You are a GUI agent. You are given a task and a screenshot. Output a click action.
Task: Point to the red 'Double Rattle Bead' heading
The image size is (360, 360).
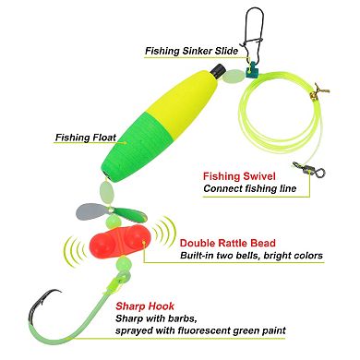238,240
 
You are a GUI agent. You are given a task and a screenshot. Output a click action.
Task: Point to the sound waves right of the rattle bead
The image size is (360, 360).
165,243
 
